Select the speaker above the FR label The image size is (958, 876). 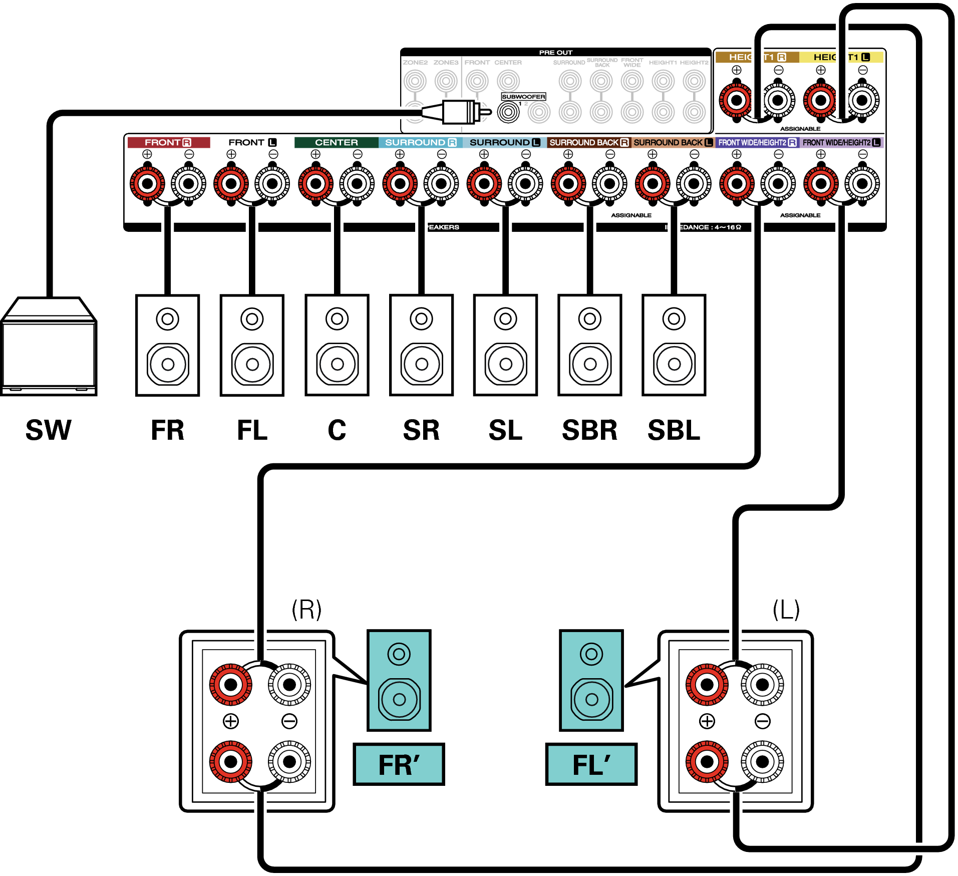(x=168, y=345)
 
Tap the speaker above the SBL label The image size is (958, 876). (x=674, y=345)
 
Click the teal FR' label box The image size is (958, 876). (x=399, y=764)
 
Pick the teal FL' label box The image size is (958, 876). (x=591, y=764)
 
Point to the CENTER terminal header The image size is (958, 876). (x=336, y=143)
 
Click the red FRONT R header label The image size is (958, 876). (x=168, y=143)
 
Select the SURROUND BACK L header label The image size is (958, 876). (x=673, y=143)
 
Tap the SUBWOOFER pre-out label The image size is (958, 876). (x=523, y=97)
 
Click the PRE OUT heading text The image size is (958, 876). (x=555, y=53)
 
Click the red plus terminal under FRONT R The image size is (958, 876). (x=147, y=184)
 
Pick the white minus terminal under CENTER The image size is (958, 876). (x=357, y=184)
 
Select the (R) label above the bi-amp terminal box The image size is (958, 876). (x=306, y=610)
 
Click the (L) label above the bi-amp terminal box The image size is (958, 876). (x=786, y=610)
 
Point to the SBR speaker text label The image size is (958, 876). (x=589, y=430)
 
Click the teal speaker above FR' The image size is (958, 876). (x=399, y=680)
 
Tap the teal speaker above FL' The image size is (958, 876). (x=591, y=680)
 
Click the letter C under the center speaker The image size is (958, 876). (x=337, y=430)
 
